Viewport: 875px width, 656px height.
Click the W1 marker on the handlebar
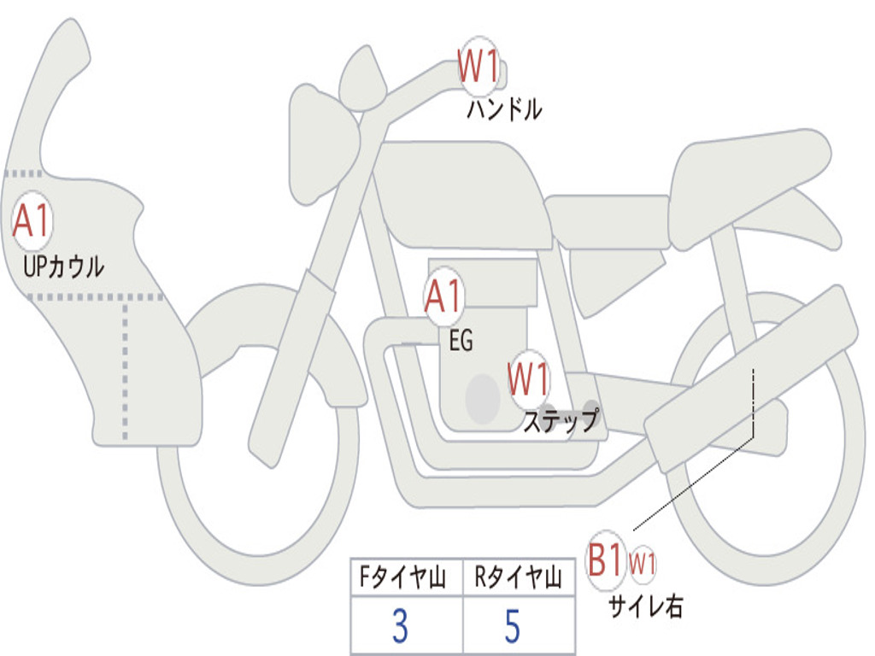pos(479,67)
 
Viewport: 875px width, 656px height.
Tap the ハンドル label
pos(504,109)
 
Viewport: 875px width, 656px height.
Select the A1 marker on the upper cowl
pos(32,221)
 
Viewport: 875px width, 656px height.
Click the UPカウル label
pos(63,266)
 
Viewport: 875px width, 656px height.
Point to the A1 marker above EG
pos(444,296)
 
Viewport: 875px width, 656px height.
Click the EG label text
pos(461,340)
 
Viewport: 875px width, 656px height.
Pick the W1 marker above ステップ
pos(528,379)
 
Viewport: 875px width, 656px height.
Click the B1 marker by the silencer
pos(606,560)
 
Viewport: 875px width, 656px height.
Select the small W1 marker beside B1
pos(643,564)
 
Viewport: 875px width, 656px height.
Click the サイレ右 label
pos(646,606)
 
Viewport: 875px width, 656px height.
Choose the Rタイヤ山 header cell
pos(519,577)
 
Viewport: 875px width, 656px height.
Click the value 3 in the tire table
pos(400,625)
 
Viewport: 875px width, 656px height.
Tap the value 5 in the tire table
pos(513,625)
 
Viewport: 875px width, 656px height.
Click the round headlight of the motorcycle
pos(362,78)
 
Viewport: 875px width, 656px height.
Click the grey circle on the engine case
pos(483,399)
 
